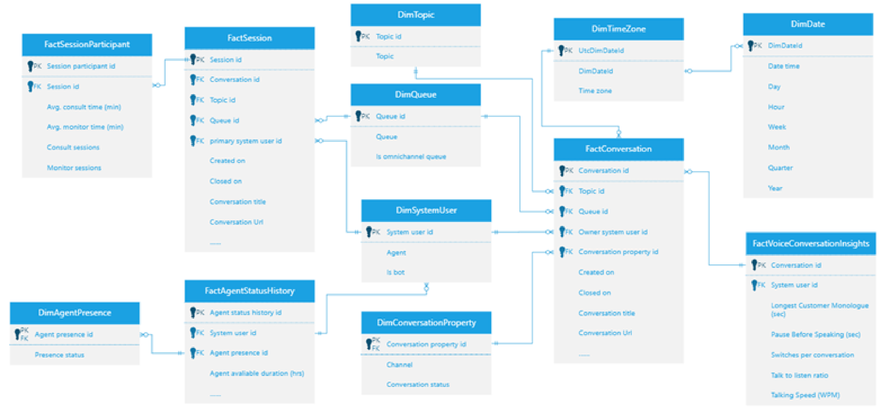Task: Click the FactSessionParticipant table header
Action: click(87, 44)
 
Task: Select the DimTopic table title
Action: click(415, 15)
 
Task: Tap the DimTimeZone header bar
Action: click(618, 29)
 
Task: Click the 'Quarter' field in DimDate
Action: click(780, 168)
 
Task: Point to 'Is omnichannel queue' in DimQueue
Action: click(411, 157)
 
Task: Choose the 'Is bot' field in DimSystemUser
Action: click(395, 272)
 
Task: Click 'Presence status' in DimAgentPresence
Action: click(59, 355)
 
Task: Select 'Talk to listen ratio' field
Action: click(799, 375)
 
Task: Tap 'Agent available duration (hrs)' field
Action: click(257, 373)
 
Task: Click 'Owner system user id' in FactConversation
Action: click(613, 232)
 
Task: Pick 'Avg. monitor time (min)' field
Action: click(85, 127)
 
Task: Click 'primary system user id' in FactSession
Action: click(245, 141)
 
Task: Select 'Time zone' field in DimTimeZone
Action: click(595, 91)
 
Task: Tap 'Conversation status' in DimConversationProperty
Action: click(418, 384)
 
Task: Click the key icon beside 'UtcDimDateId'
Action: click(561, 50)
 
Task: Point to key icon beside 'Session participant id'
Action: click(31, 66)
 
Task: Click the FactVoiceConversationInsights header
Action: click(811, 244)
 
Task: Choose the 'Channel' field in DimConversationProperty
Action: click(399, 365)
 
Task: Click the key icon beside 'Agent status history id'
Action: click(193, 312)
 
